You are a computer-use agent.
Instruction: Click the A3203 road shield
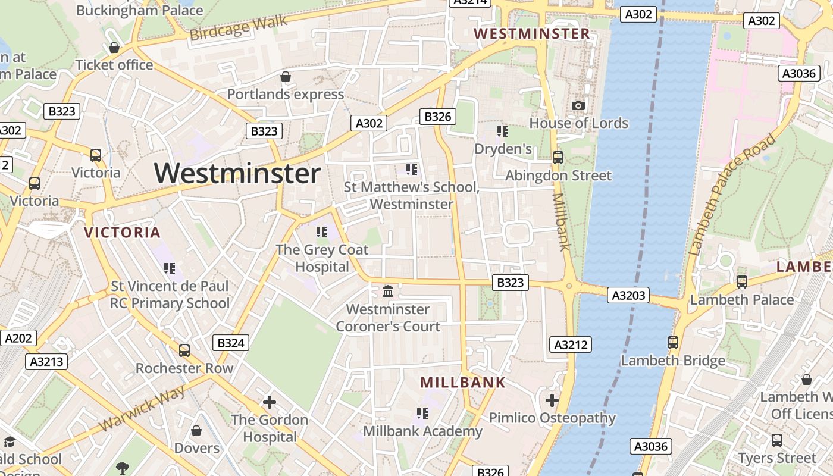[628, 295]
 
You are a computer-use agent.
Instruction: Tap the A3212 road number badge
[570, 345]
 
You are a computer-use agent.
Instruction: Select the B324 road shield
[230, 343]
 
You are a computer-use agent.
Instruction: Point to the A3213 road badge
[47, 362]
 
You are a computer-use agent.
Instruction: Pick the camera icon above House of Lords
[578, 106]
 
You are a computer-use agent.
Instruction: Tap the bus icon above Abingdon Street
[558, 158]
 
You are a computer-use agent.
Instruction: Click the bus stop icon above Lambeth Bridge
[673, 343]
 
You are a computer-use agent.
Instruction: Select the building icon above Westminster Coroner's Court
[388, 292]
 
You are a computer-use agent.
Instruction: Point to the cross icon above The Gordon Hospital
[270, 402]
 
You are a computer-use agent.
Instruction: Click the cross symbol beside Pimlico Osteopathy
[552, 400]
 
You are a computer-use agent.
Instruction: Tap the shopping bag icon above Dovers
[196, 431]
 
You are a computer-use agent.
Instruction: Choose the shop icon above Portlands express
[286, 77]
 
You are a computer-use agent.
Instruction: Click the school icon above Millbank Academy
[422, 414]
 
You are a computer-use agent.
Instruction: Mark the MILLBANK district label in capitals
[463, 383]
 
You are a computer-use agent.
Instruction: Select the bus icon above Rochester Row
[184, 350]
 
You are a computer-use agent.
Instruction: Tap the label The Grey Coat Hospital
[322, 258]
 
